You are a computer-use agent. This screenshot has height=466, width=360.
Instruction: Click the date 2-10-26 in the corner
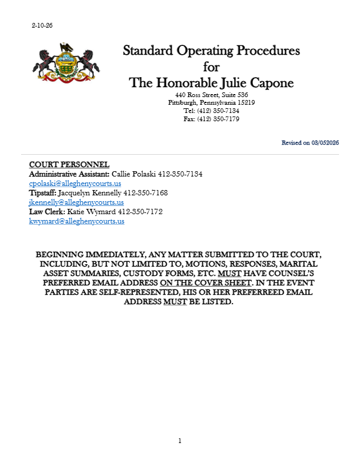pos(42,26)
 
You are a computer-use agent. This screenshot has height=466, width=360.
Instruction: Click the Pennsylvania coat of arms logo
pos(65,62)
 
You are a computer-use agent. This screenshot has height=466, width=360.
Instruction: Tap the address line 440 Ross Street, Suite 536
pos(211,95)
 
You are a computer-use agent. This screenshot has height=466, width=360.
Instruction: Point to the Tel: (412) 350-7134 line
pos(211,111)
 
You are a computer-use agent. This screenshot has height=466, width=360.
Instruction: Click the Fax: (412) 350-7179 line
pos(211,119)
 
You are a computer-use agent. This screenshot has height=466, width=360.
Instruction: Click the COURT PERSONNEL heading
pos(69,164)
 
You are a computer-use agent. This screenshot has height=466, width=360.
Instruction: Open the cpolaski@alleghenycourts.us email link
pos(75,184)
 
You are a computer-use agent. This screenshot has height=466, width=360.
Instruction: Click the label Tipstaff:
pos(43,193)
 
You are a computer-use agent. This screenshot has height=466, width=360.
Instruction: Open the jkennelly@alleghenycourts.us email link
pos(76,202)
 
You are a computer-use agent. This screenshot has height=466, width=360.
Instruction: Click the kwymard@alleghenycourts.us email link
pos(76,221)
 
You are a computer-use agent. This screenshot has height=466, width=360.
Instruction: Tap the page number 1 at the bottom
pos(180,441)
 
